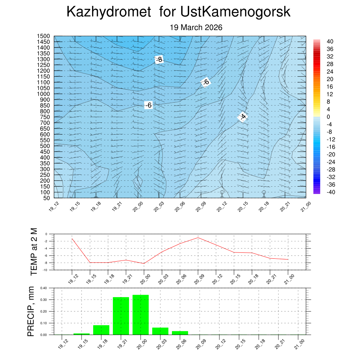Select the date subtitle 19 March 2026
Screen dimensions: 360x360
coord(196,27)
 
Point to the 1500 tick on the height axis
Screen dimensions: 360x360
coord(44,36)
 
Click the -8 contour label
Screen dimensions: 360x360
coord(159,59)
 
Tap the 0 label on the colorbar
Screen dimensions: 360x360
coord(328,117)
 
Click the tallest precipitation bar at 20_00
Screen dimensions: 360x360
coord(141,315)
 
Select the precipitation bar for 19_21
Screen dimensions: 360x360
coord(121,316)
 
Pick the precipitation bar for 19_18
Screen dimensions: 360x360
coord(101,330)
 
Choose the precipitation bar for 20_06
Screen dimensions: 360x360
coord(180,333)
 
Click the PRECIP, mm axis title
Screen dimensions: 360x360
coord(31,311)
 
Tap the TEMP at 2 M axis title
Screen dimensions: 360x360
coord(34,252)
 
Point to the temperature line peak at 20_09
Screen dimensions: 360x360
coord(198,238)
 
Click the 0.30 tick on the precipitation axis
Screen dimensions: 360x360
coord(43,300)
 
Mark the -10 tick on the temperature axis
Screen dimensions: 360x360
coord(45,270)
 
